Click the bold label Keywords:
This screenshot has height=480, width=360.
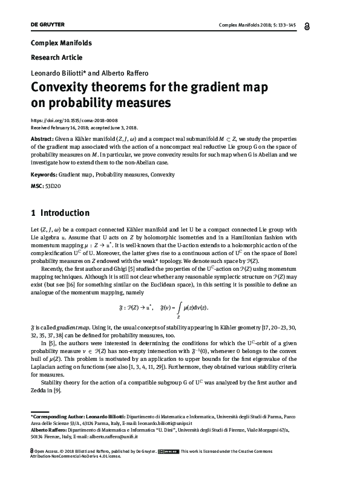[43, 174]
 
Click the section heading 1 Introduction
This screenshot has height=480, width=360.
[60, 213]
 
